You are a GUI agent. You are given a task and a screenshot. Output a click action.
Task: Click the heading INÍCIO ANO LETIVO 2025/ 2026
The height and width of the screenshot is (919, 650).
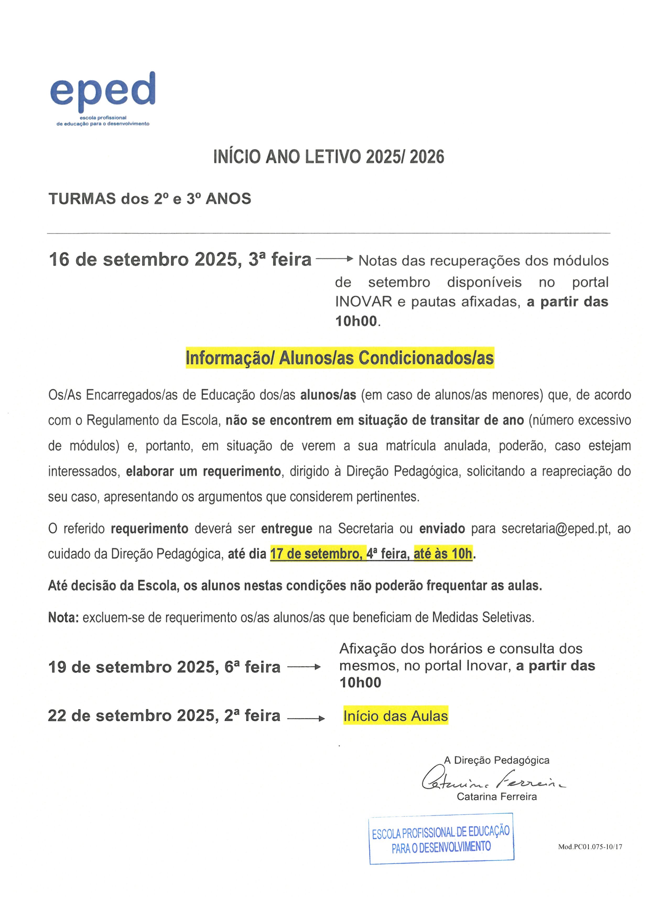329,157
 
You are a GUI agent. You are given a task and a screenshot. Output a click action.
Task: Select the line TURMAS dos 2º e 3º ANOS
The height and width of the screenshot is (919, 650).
150,199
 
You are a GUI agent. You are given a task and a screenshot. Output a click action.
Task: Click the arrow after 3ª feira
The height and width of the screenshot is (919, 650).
334,259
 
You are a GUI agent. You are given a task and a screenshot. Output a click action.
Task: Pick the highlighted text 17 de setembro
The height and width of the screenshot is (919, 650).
318,554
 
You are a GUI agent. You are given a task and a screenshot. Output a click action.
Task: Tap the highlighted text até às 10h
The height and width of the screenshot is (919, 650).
443,554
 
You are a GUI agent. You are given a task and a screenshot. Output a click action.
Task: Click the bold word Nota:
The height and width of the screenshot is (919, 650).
63,618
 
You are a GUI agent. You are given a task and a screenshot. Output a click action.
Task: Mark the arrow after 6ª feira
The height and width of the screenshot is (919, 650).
304,667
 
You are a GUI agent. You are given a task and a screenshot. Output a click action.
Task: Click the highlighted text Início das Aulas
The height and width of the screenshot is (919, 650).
396,716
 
